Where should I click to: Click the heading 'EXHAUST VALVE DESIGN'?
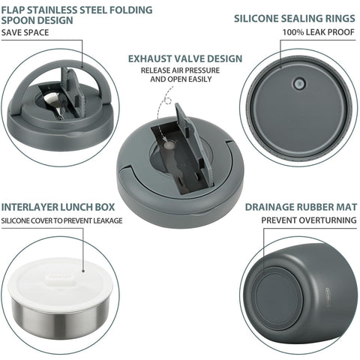[x=185, y=58]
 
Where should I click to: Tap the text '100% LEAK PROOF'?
[x=319, y=32]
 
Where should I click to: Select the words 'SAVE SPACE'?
[x=25, y=32]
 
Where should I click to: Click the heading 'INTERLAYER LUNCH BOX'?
[x=58, y=207]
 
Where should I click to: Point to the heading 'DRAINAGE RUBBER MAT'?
[x=301, y=207]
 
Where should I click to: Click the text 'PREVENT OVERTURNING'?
[x=309, y=220]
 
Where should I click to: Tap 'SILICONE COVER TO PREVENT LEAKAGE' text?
[x=61, y=221]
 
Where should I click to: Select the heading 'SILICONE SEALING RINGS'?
[x=295, y=19]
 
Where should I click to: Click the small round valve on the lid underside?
[x=299, y=83]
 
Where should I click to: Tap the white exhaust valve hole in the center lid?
[x=169, y=145]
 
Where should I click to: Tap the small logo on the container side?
[x=328, y=295]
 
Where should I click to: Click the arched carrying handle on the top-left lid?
[x=62, y=82]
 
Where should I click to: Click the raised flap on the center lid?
[x=193, y=144]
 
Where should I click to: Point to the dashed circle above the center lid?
[x=169, y=101]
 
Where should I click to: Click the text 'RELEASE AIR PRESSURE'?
[x=180, y=70]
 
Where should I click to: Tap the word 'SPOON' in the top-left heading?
[x=19, y=20]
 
